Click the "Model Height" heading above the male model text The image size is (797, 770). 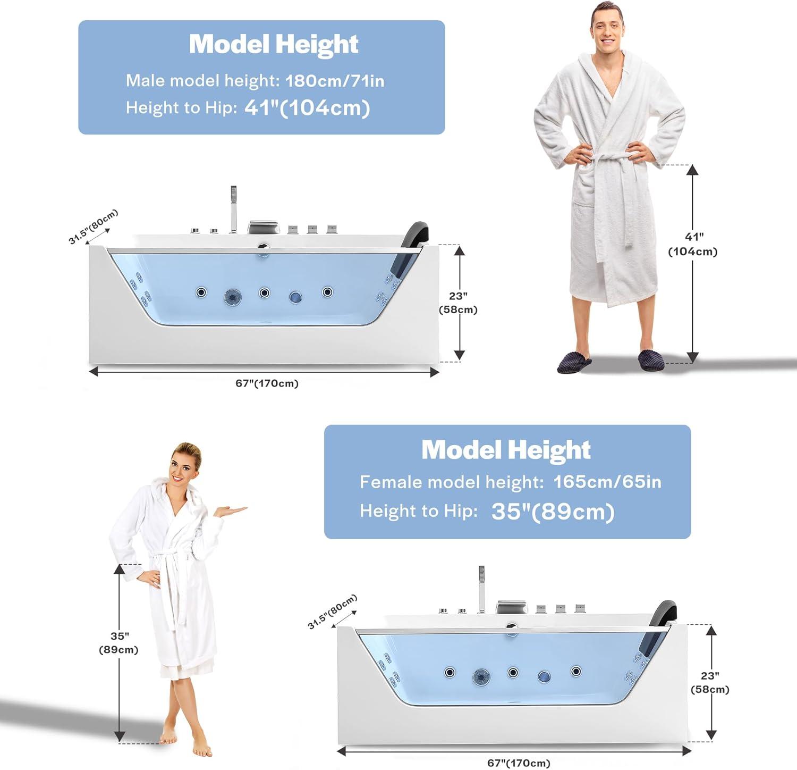coord(274,44)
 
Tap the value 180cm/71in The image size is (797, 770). coord(335,81)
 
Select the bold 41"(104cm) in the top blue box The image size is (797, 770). coord(307,108)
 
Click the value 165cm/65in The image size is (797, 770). coord(607,482)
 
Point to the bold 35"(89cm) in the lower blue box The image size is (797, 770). coord(553,512)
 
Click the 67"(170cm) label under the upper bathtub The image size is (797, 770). coord(267,383)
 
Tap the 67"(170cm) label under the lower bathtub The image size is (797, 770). coord(519,763)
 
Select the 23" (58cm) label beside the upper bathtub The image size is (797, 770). coord(458,303)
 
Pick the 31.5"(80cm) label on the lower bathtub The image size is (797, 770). coord(333,612)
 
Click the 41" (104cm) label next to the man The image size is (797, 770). coord(693,244)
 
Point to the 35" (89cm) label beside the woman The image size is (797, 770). coord(118,643)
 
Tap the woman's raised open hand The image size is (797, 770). coord(230,511)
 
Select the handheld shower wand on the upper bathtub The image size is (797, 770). coord(233,210)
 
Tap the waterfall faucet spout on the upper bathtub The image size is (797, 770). coord(263,227)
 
